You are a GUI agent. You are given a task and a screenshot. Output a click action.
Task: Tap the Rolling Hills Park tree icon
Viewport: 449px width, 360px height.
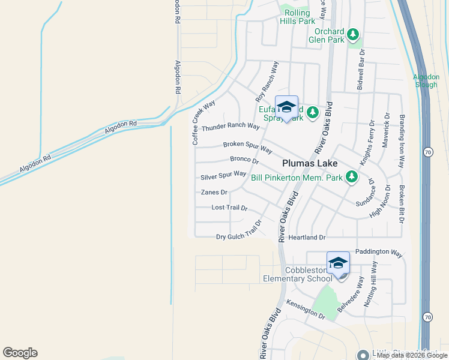(x=287, y=8)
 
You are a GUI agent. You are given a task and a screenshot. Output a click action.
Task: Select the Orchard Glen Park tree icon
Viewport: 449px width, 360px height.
(x=354, y=33)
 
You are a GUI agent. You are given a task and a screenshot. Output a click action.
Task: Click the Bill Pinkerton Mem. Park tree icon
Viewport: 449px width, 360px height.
(x=352, y=177)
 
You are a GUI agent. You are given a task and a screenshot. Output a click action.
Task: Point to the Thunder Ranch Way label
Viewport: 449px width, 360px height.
(x=231, y=127)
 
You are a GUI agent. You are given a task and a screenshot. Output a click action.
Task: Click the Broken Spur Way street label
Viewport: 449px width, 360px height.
(x=247, y=146)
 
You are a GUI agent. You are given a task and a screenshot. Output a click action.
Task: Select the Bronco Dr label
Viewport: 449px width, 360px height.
(x=244, y=160)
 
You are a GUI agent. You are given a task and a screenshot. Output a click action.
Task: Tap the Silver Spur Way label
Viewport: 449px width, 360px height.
(x=223, y=175)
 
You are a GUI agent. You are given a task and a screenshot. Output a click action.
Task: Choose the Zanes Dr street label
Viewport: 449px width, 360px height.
(x=214, y=193)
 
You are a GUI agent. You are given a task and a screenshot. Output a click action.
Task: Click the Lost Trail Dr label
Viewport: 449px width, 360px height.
(x=229, y=208)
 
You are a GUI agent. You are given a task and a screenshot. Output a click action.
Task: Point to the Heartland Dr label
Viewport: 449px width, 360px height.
(x=306, y=238)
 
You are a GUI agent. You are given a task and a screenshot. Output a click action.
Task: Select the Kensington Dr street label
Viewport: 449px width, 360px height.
(x=305, y=309)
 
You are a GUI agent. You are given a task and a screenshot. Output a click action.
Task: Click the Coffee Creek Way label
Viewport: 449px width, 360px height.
(x=203, y=123)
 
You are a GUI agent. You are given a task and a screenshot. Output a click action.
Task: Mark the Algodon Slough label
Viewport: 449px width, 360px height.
(x=426, y=80)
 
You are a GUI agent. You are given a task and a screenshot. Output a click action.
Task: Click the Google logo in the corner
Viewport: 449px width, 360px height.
(x=20, y=353)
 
